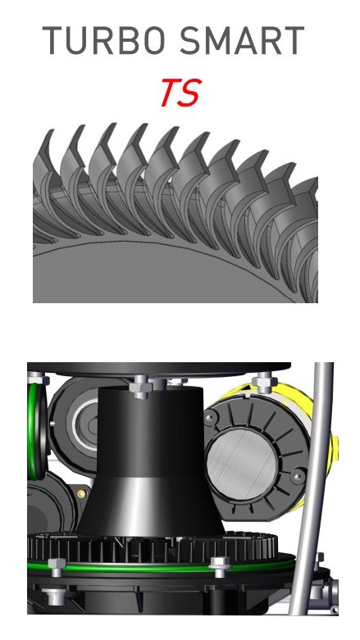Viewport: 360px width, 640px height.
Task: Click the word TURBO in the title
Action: pyautogui.click(x=104, y=40)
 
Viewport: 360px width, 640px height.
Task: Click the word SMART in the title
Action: pyautogui.click(x=242, y=40)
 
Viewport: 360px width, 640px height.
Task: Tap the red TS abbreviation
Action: pyautogui.click(x=181, y=93)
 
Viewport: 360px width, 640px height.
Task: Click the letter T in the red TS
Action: pyautogui.click(x=171, y=93)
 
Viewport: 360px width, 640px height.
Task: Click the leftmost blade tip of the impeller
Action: pyautogui.click(x=51, y=131)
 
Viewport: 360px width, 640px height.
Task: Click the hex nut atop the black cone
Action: pyautogui.click(x=140, y=387)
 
